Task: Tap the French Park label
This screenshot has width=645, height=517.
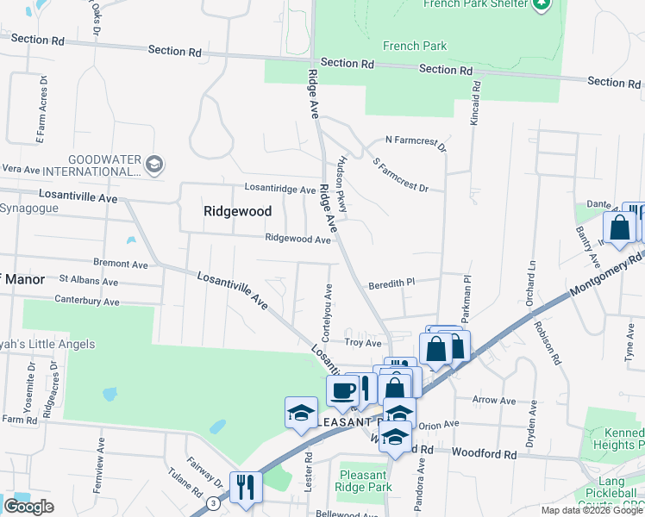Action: tap(415, 46)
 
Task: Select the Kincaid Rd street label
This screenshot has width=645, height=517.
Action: tap(474, 102)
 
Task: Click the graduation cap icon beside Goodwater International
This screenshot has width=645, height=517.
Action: tap(153, 164)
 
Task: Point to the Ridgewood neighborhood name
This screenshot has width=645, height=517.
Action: tap(237, 211)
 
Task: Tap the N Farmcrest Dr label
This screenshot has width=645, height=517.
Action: tap(416, 143)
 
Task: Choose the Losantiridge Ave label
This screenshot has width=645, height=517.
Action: tap(279, 189)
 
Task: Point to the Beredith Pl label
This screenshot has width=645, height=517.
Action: tap(392, 282)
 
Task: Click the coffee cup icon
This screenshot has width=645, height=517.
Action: tap(342, 389)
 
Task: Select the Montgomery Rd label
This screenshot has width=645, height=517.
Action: tap(611, 272)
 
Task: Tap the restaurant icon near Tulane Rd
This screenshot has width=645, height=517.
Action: tap(246, 487)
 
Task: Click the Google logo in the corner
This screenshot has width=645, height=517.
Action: tap(28, 507)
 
